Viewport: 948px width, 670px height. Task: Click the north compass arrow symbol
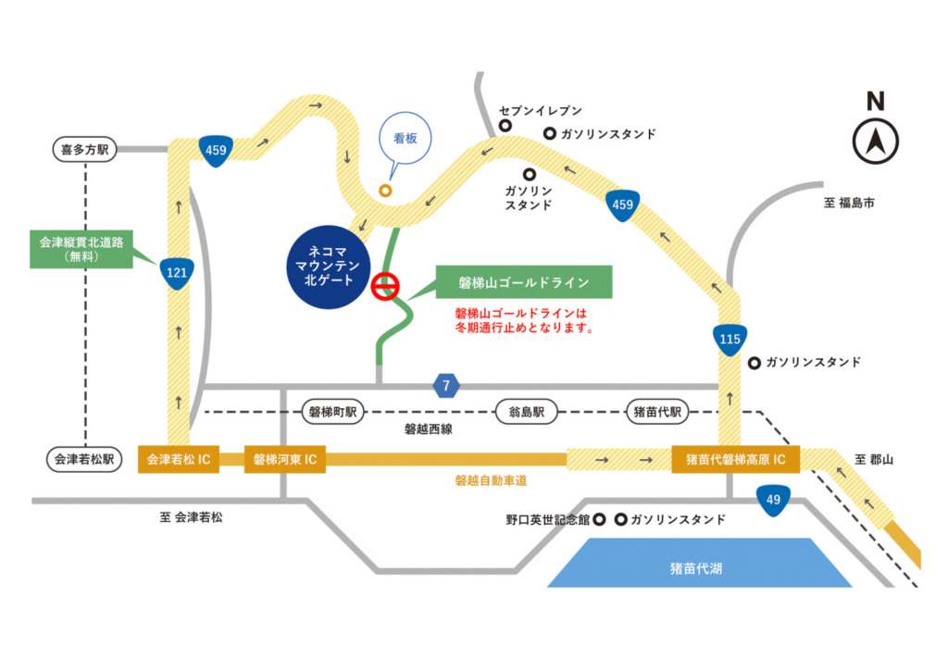875,142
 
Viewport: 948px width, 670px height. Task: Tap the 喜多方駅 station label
84,147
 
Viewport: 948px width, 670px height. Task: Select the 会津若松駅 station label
84,459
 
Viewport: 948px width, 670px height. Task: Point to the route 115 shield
730,338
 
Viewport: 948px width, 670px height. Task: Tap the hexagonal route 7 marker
446,385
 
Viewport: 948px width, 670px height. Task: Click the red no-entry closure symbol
385,287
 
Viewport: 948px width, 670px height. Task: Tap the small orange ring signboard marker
385,190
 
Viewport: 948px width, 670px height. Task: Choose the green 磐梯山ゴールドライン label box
524,281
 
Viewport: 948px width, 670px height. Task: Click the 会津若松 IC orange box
178,459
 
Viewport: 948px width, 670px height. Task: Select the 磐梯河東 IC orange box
285,459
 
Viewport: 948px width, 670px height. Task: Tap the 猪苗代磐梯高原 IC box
735,459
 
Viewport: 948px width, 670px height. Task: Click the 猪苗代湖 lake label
696,567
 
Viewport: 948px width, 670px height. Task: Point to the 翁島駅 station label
526,411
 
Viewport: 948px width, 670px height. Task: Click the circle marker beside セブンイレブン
505,125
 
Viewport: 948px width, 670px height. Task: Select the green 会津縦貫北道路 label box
82,249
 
